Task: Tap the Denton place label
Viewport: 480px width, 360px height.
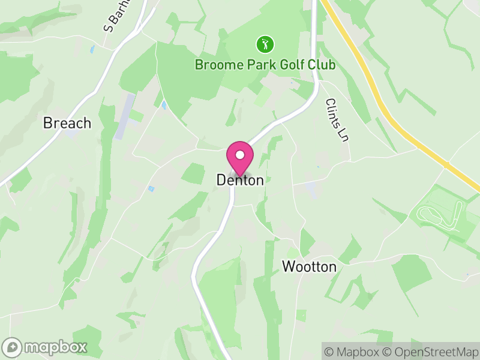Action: tap(240, 180)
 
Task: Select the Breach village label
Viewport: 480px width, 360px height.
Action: tap(67, 123)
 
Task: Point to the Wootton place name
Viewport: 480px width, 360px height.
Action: tap(309, 267)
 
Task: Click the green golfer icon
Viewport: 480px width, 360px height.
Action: tap(265, 44)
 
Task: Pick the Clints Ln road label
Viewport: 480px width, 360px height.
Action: tap(337, 120)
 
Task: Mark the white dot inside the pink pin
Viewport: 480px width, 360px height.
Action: tap(239, 154)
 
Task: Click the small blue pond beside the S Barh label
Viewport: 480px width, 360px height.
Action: tap(92, 50)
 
